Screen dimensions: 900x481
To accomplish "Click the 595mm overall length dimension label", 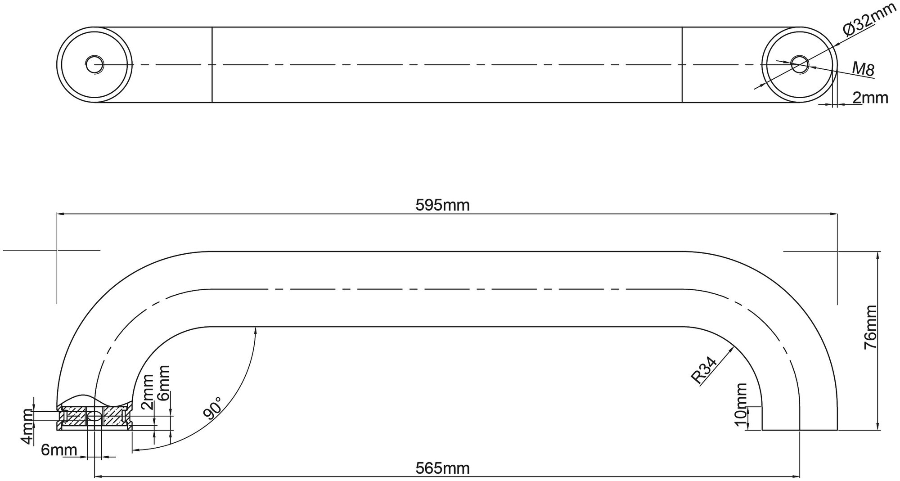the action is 442,206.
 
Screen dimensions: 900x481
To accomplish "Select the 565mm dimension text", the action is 442,468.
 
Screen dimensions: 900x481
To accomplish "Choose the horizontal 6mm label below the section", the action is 59,450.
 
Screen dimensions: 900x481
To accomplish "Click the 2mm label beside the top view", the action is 870,98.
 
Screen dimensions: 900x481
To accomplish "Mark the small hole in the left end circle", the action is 94,64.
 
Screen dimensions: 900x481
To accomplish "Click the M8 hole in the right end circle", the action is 800,64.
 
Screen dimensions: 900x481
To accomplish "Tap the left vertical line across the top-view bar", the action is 212,64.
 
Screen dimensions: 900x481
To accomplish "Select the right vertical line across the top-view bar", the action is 683,64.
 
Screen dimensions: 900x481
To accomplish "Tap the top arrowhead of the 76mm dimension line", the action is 878,255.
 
